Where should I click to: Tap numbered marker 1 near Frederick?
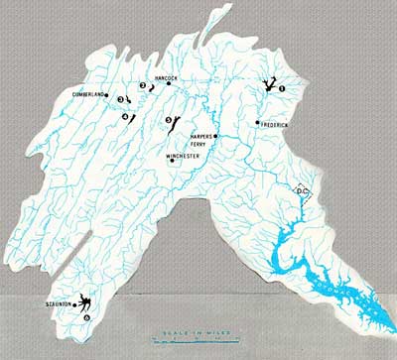[x=283, y=88]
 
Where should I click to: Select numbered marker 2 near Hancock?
[x=142, y=85]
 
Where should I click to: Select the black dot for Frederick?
[x=257, y=123]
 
